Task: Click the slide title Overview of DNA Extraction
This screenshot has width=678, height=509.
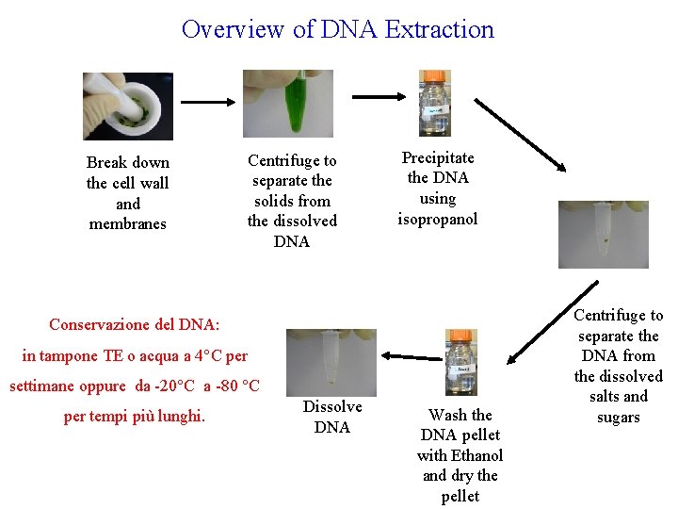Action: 337,29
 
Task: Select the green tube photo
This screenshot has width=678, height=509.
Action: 288,104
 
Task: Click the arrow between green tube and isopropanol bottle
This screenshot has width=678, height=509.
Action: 375,95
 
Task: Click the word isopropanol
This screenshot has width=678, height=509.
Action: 437,220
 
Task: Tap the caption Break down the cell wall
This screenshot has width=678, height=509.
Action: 127,172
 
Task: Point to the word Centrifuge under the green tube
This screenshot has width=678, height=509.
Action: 291,160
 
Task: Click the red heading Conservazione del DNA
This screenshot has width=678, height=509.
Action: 134,324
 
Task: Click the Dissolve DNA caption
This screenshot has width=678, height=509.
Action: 331,417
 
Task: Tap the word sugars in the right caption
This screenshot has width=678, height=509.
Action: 618,418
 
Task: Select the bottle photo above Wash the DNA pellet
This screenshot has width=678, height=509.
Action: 461,362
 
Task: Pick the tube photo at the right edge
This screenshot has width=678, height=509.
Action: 603,235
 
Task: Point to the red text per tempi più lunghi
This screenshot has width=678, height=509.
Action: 134,417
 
